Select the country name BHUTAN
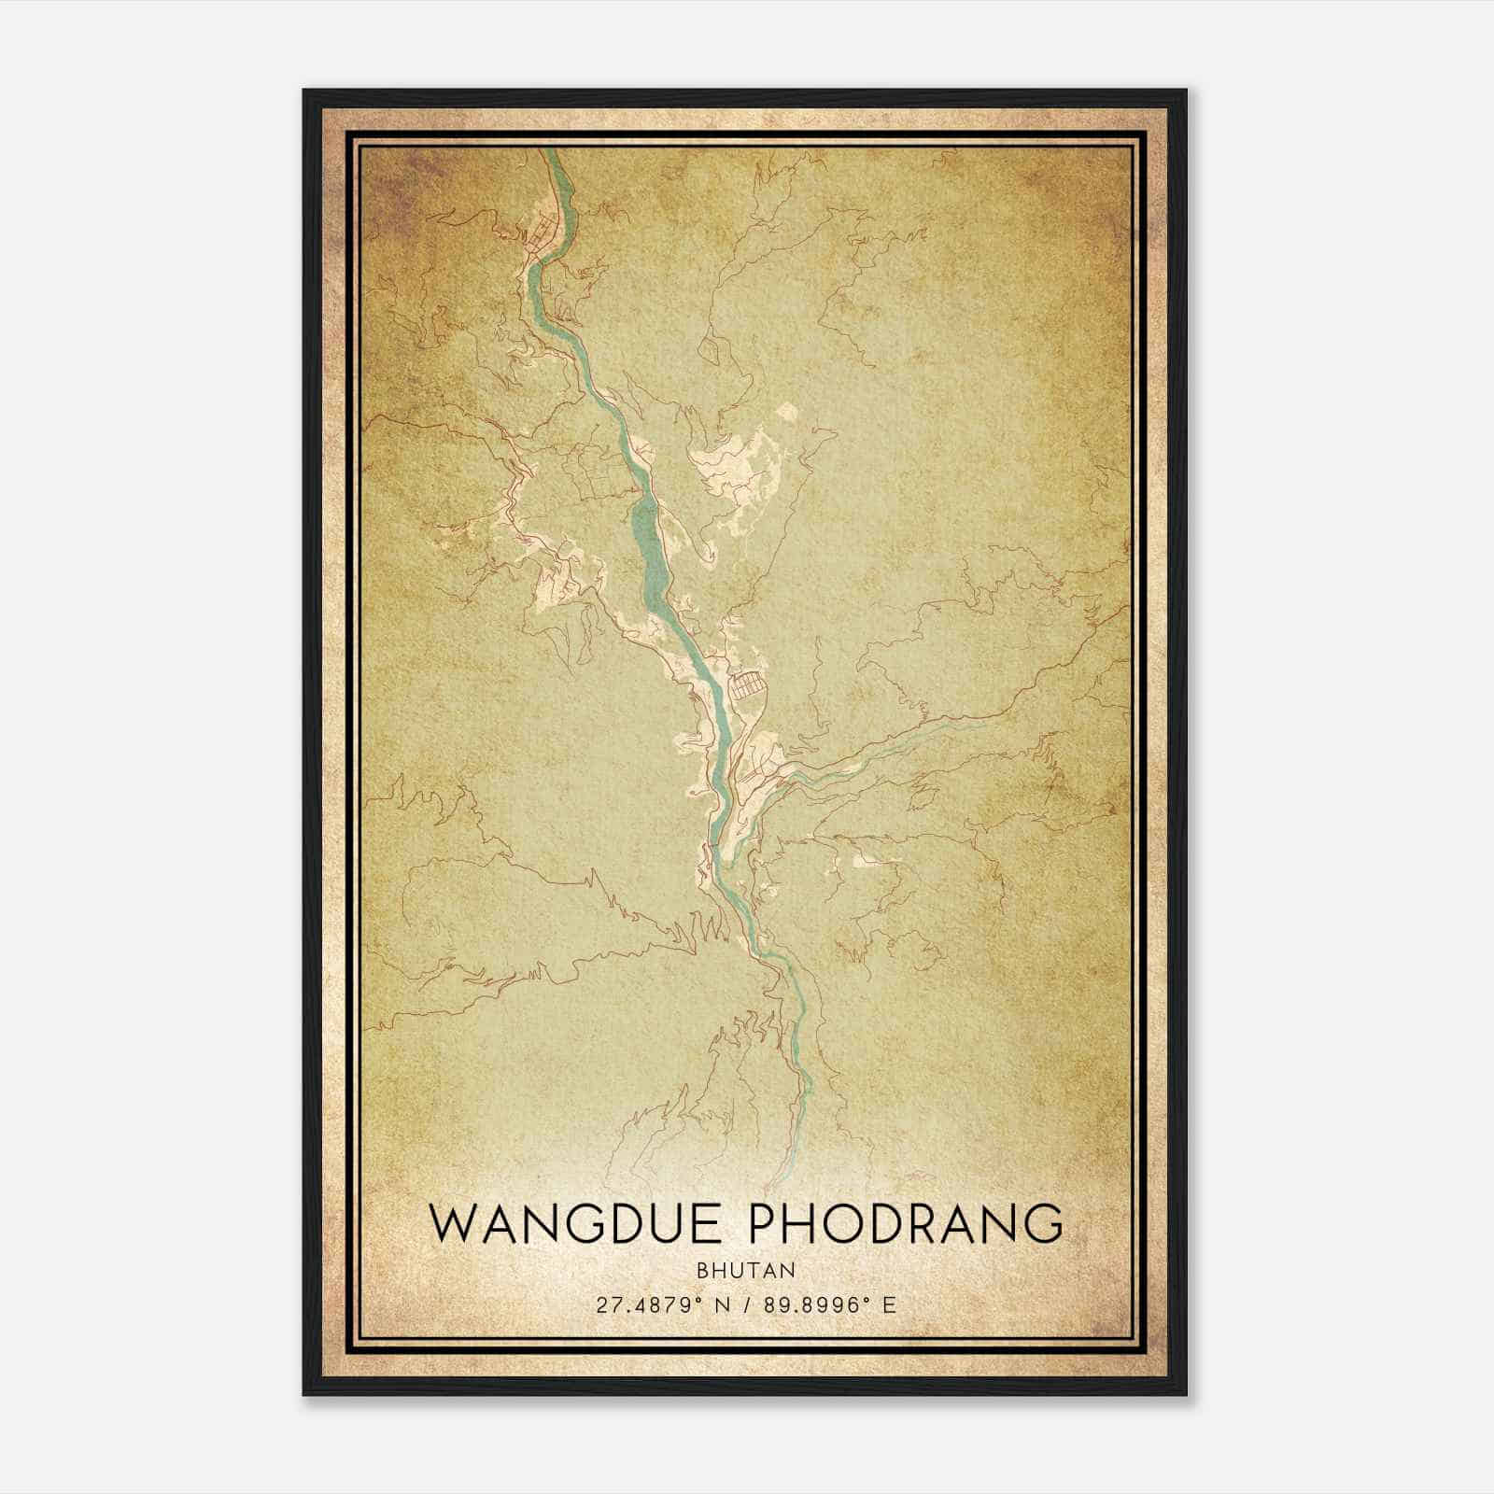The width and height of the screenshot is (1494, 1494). (746, 1270)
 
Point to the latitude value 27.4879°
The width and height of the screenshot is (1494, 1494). (647, 1305)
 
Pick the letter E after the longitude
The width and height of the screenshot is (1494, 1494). (889, 1305)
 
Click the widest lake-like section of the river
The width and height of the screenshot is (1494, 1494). (646, 551)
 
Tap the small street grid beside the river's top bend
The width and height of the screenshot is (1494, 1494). (539, 234)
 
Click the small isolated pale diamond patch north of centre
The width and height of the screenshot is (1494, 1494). (786, 411)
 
